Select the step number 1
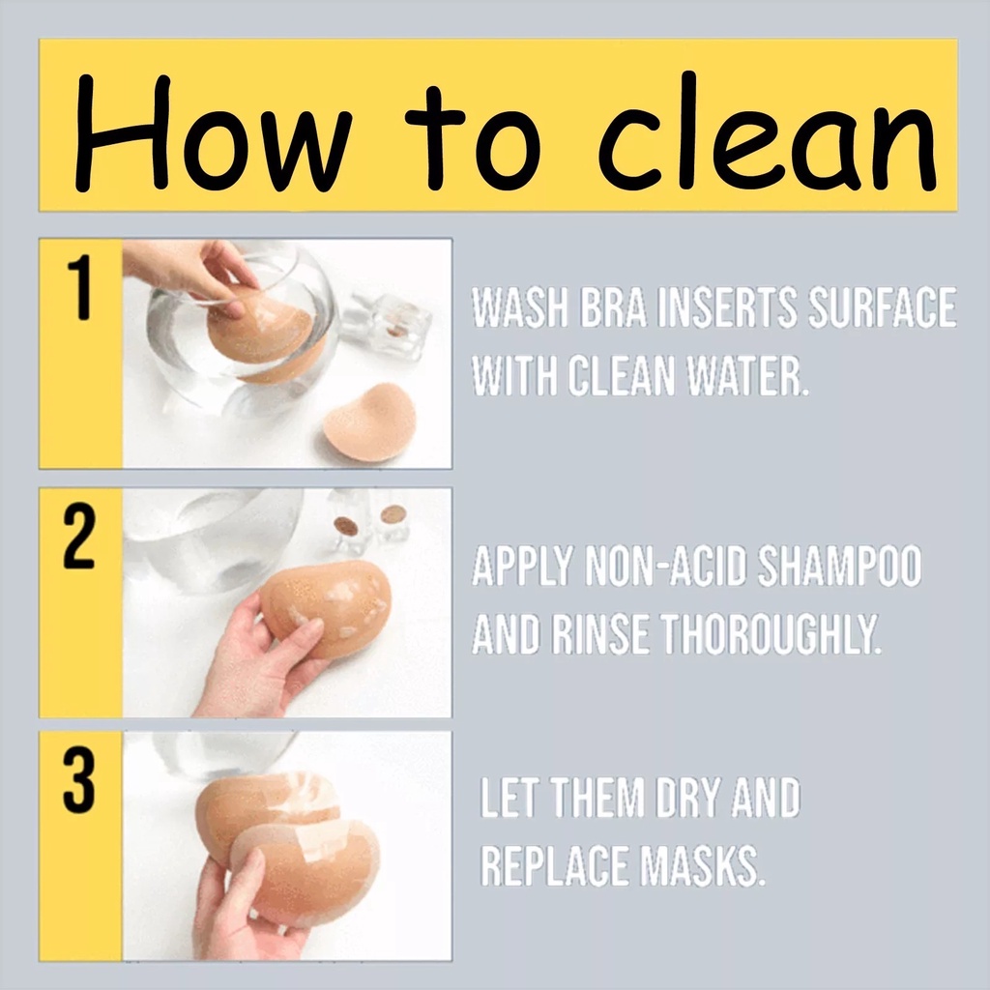(x=79, y=288)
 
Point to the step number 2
(x=79, y=537)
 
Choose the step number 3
(x=79, y=780)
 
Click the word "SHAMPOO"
(x=839, y=566)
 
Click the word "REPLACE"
(x=555, y=865)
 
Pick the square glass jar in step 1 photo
(x=393, y=324)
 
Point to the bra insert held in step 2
(x=326, y=609)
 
